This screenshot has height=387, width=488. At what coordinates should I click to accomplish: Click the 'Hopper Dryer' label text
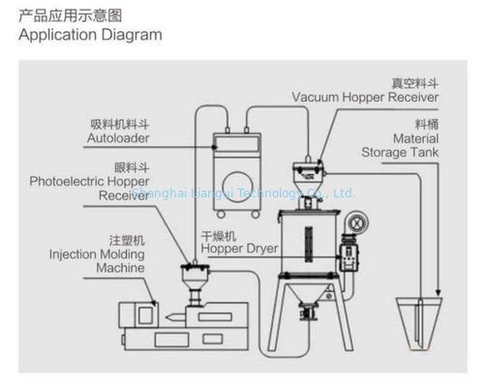(x=239, y=248)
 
